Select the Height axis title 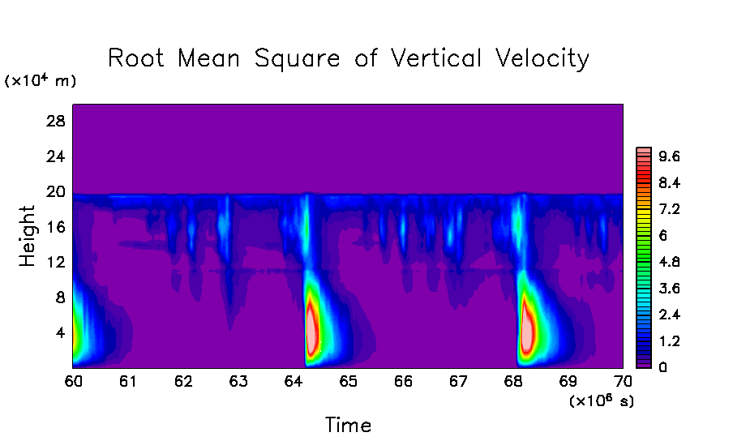[x=28, y=236]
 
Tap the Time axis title [x=348, y=424]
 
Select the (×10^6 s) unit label [x=602, y=400]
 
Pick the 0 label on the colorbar [x=662, y=367]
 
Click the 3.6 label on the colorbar [x=669, y=289]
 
